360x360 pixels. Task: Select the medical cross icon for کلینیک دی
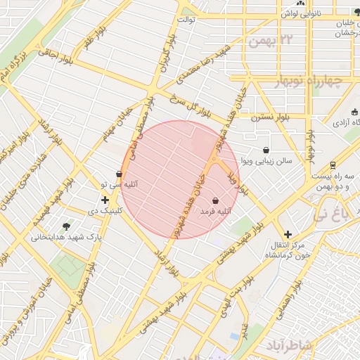(x=105, y=200)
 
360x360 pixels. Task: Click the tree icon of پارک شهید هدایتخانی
(x=66, y=226)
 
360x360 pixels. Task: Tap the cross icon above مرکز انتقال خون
(x=287, y=234)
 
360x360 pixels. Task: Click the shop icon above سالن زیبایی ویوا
(x=266, y=150)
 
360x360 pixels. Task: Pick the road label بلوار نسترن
(x=260, y=117)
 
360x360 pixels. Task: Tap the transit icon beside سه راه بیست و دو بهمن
(x=332, y=165)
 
